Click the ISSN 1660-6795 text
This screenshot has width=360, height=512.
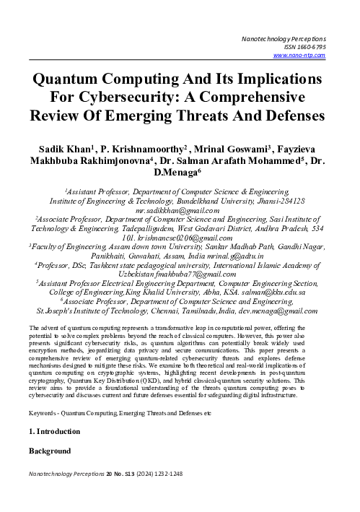click(307, 45)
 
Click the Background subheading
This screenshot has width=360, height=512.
click(49, 451)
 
